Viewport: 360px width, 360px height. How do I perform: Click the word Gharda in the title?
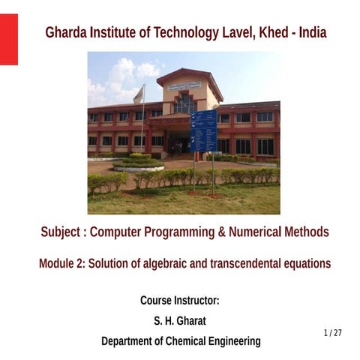point(65,33)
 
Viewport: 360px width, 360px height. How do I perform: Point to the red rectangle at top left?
point(8,39)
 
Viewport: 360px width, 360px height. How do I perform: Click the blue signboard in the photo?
point(203,130)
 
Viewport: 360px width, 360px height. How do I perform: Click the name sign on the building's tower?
point(184,85)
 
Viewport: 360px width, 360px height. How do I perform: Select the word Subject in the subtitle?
point(62,232)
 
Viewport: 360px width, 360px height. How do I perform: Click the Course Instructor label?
point(180,301)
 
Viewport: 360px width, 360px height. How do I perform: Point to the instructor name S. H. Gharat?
point(180,321)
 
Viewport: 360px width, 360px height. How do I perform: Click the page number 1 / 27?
point(333,332)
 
